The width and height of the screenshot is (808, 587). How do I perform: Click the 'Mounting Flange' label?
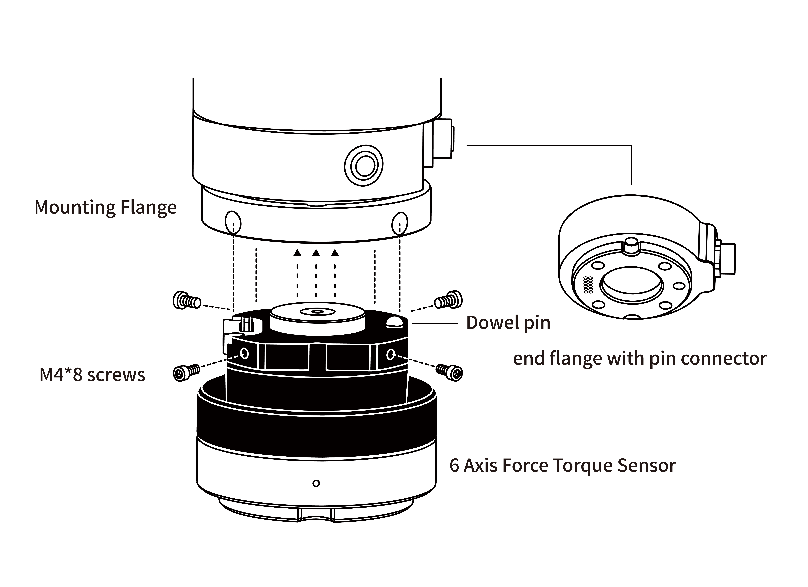tap(105, 207)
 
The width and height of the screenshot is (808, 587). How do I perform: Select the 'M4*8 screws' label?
tap(92, 375)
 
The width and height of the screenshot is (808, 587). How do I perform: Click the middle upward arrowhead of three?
tap(316, 253)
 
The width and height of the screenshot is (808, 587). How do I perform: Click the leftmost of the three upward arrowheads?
tap(297, 253)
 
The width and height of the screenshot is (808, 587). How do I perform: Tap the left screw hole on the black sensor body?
tap(244, 353)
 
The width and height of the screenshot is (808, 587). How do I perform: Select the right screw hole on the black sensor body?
tap(390, 354)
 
